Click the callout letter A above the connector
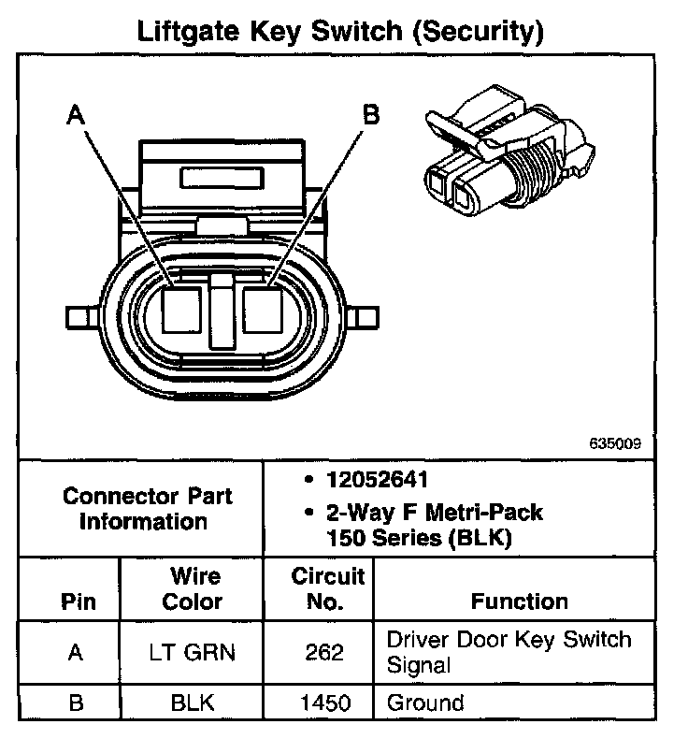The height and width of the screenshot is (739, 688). [78, 116]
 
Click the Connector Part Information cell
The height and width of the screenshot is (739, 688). [143, 508]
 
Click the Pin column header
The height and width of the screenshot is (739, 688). [78, 601]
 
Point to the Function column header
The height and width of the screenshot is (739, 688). [519, 601]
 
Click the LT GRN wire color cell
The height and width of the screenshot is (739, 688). [193, 653]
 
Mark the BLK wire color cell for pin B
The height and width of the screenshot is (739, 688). [193, 703]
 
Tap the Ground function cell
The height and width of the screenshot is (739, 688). [425, 702]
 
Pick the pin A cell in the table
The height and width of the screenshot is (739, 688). [78, 653]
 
